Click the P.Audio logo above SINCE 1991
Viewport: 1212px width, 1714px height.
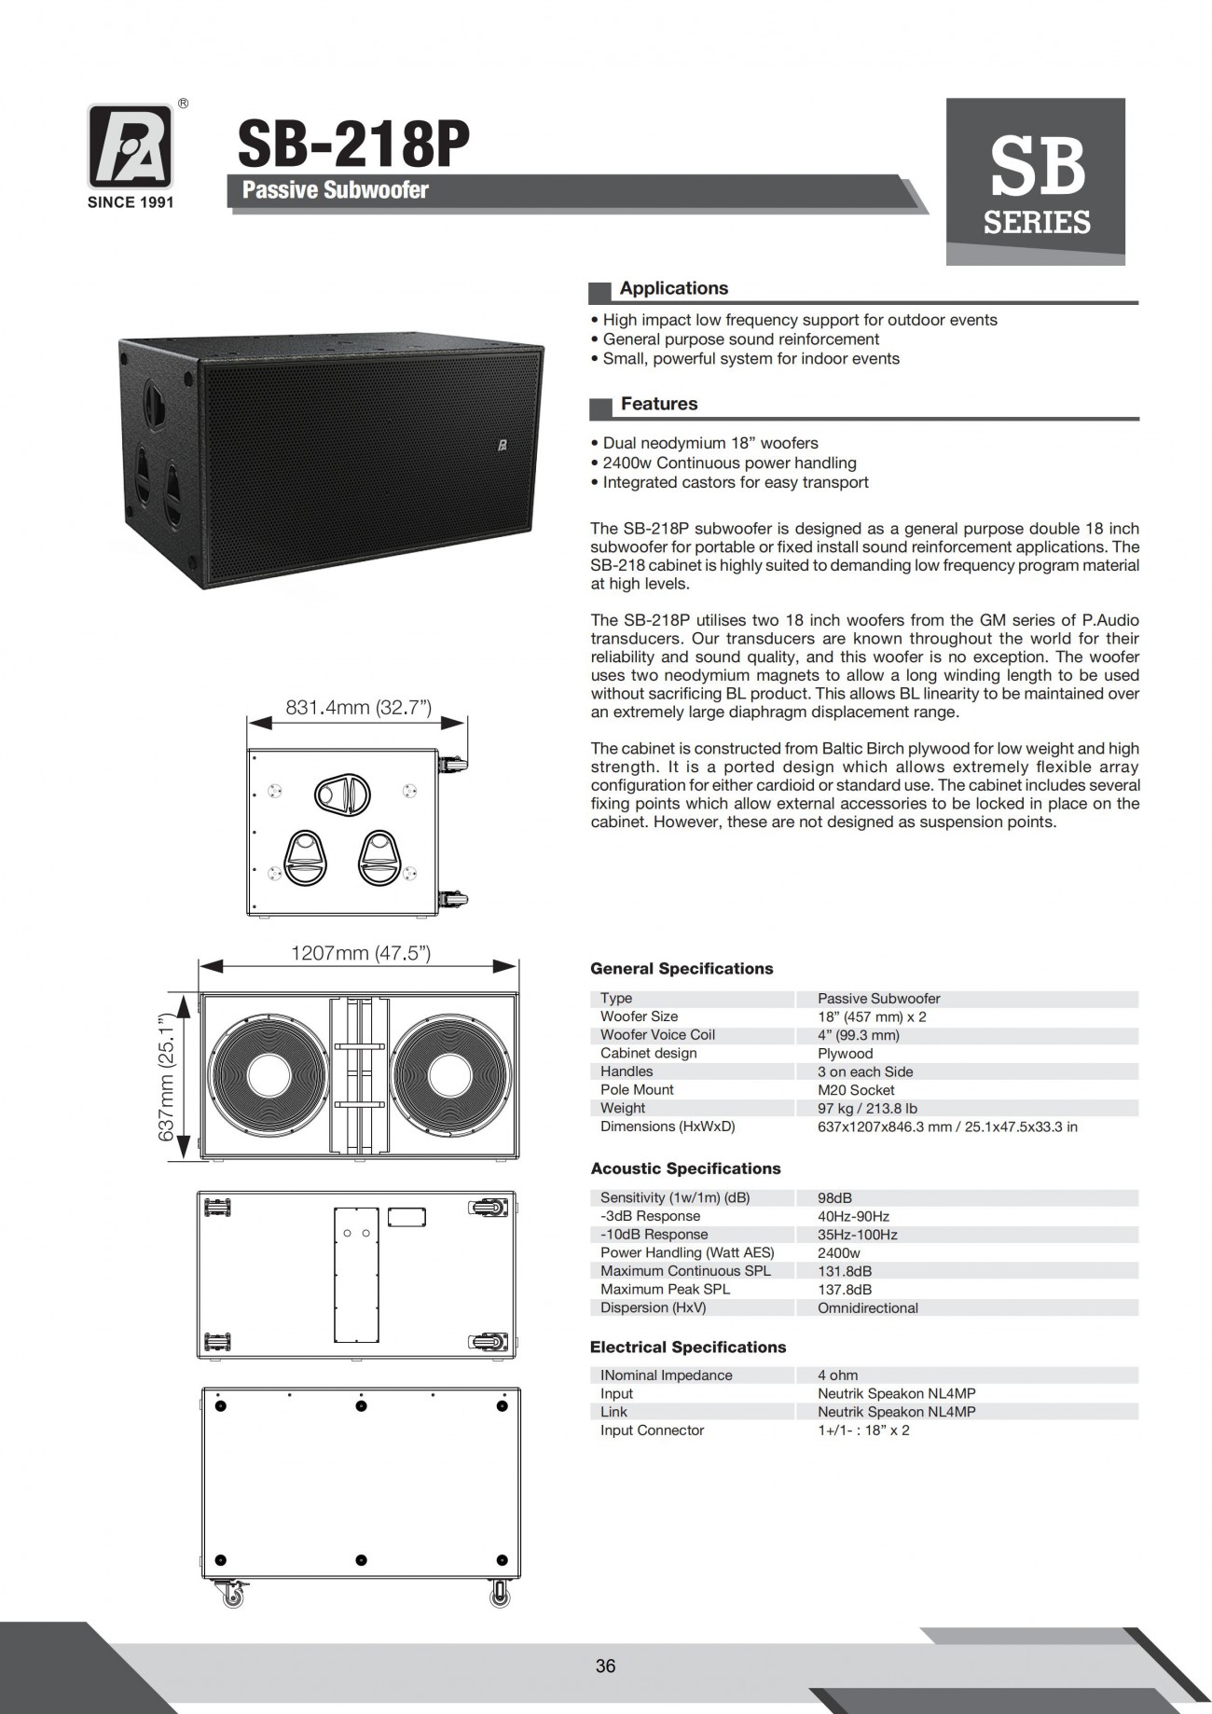[131, 146]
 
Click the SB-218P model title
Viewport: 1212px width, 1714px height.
[353, 145]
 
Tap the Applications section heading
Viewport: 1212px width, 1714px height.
[673, 289]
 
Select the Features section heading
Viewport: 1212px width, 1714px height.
[658, 404]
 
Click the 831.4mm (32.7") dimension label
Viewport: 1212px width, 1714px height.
[358, 708]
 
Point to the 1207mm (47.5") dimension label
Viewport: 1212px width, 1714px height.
[361, 953]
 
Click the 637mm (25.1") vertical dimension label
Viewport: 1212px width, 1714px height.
[168, 1077]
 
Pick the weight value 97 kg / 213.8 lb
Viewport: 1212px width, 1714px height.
[867, 1108]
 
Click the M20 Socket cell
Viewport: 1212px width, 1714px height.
[856, 1089]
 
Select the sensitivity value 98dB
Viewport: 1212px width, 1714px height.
[834, 1197]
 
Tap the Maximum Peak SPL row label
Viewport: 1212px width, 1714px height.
[665, 1289]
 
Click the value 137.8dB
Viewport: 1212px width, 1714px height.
[845, 1289]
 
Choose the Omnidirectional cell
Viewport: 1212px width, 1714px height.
[867, 1307]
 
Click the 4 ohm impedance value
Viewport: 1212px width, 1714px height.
[837, 1375]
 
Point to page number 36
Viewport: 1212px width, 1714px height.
[605, 1666]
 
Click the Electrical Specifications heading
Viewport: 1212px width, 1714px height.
[687, 1347]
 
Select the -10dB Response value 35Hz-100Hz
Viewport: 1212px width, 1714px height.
[857, 1234]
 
